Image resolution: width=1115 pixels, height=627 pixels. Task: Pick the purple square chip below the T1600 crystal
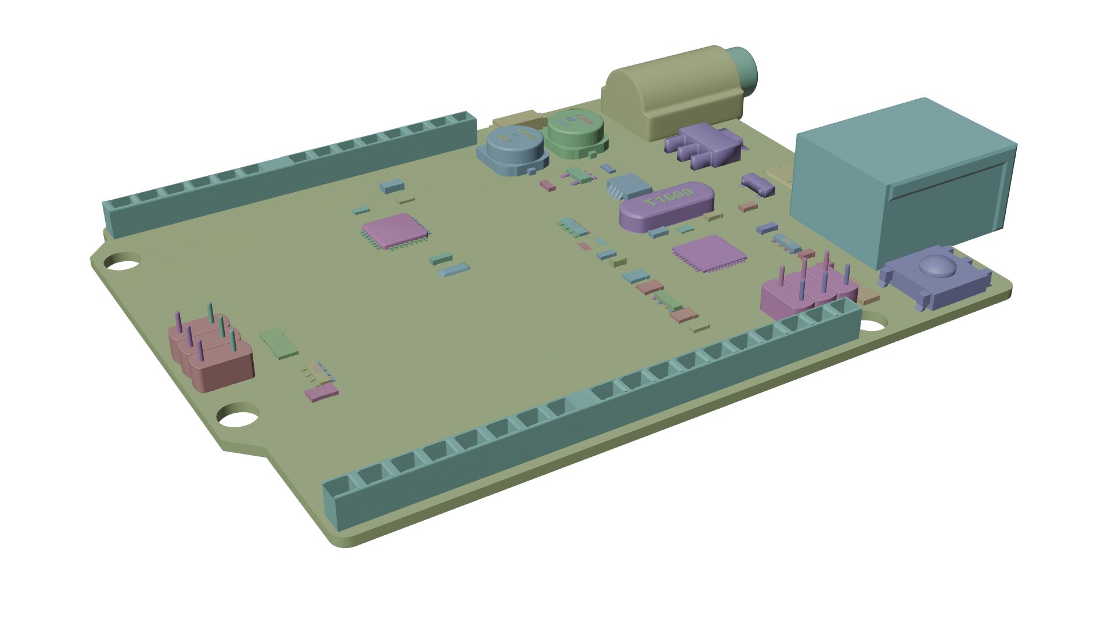pos(708,253)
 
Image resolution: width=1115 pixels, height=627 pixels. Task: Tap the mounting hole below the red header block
pos(238,416)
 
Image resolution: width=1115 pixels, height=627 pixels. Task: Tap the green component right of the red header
pos(279,342)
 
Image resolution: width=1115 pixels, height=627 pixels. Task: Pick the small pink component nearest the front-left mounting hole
pos(321,393)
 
